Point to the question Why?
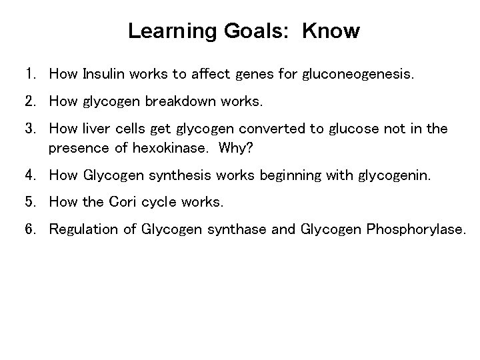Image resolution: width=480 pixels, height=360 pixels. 233,148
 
